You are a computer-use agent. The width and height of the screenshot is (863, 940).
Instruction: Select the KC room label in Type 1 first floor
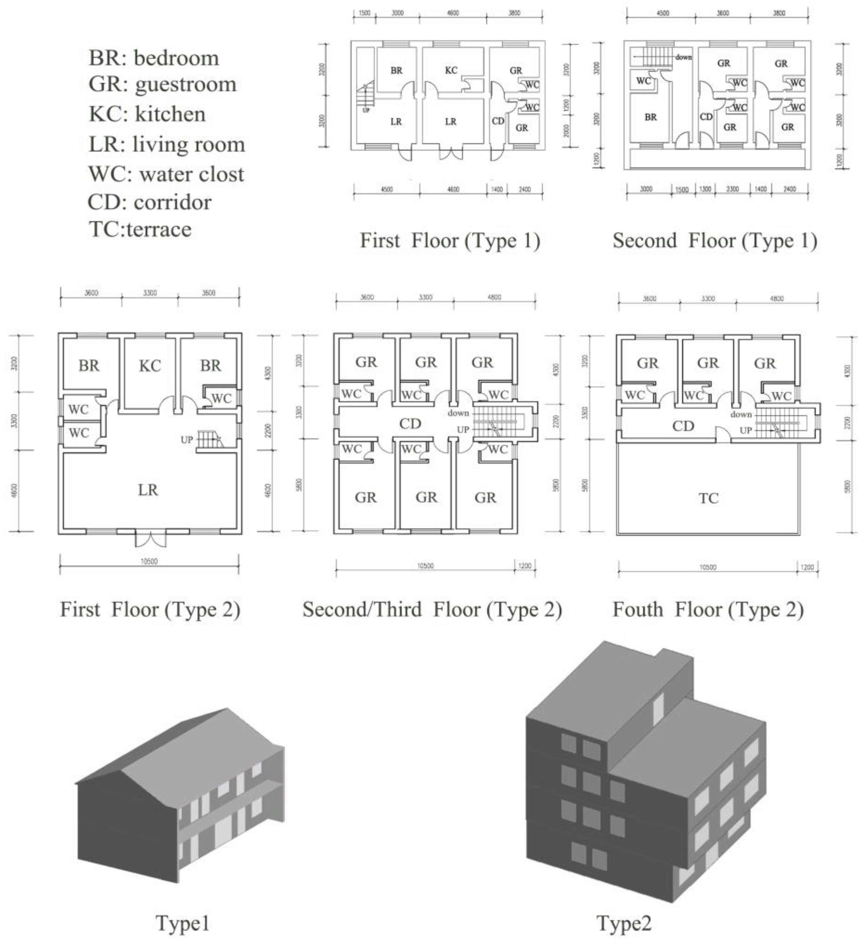point(451,70)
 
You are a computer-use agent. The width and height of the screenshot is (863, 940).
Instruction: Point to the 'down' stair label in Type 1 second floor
point(683,58)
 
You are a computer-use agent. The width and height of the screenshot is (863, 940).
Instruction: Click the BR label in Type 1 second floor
point(650,117)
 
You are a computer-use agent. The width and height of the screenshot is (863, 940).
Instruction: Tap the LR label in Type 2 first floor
point(148,490)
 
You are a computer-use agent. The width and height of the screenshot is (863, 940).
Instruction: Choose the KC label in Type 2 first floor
point(150,366)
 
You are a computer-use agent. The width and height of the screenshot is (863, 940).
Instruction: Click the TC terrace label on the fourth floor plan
point(708,498)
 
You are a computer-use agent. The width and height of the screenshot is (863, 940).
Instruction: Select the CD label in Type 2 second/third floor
point(410,424)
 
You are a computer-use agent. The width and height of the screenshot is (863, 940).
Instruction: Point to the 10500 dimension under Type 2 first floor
point(149,562)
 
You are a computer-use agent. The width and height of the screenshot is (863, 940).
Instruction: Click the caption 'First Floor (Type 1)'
point(450,241)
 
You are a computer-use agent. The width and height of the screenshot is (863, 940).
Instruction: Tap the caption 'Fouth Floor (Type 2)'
point(708,609)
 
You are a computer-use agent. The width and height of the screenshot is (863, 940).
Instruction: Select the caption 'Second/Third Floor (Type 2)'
point(432,609)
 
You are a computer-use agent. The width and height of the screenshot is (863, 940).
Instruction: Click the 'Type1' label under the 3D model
point(182,923)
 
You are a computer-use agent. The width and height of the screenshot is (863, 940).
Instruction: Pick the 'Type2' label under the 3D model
point(624,923)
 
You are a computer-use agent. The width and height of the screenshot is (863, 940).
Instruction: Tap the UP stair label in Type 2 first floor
point(187,440)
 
